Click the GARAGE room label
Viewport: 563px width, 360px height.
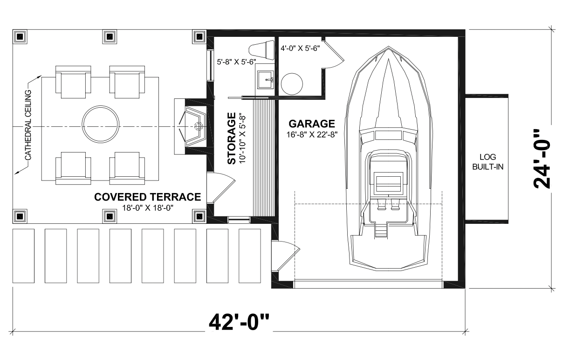click(312, 124)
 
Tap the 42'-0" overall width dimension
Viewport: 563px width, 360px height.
click(239, 322)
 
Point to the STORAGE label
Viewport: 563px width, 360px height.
click(232, 138)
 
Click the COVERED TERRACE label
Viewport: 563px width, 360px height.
click(148, 197)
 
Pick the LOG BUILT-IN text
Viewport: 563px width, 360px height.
click(487, 162)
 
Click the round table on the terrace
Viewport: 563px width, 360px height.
click(101, 124)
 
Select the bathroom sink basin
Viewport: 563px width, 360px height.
click(265, 79)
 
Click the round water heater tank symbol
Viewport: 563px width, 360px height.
click(292, 84)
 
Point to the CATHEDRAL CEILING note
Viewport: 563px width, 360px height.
click(28, 125)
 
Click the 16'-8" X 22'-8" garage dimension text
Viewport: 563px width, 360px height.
click(312, 135)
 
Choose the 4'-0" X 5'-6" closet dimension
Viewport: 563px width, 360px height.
click(300, 48)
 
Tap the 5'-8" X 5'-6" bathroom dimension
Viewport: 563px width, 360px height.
click(236, 62)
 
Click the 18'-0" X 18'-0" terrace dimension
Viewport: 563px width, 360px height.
click(148, 208)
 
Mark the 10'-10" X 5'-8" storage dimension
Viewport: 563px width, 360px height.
click(242, 139)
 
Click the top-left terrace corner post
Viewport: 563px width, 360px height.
click(20, 37)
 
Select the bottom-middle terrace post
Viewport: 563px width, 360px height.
click(110, 216)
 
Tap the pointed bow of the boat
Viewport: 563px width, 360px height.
click(389, 47)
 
